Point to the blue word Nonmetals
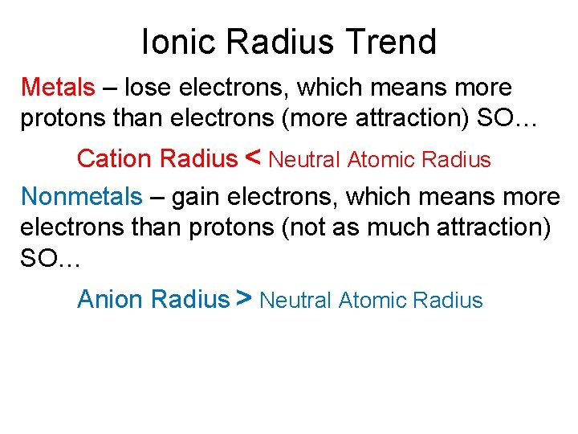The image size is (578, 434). (x=81, y=196)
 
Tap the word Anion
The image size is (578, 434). (x=111, y=300)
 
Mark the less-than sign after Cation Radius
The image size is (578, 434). (x=251, y=158)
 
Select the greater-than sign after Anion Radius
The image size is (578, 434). (x=245, y=299)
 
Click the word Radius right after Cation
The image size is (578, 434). (x=199, y=159)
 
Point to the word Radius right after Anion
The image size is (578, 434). (x=190, y=300)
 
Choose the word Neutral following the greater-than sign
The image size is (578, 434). (x=296, y=301)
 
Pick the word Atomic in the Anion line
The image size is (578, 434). (x=372, y=301)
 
